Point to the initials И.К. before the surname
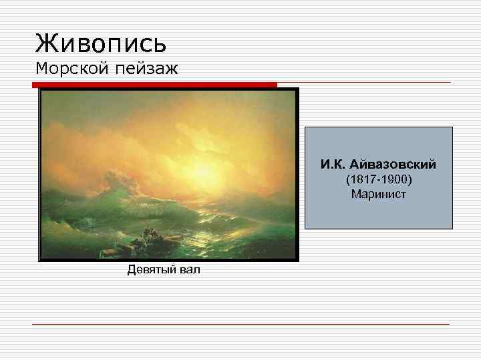pyautogui.click(x=334, y=164)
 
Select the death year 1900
pyautogui.click(x=395, y=179)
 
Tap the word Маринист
pyautogui.click(x=378, y=194)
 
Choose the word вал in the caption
pyautogui.click(x=189, y=269)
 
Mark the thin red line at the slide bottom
pyautogui.click(x=240, y=324)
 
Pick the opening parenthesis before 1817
pyautogui.click(x=347, y=179)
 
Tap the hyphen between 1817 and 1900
pyautogui.click(x=379, y=179)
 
